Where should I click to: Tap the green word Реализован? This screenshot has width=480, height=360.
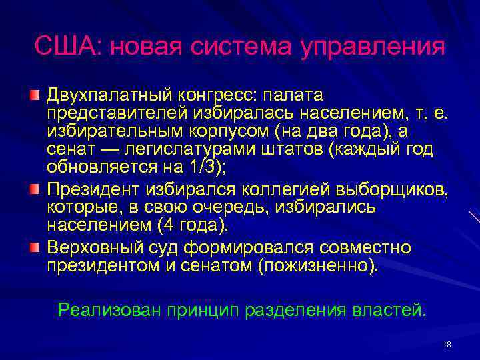[109, 311]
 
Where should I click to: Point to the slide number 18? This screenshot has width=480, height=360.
[446, 344]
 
